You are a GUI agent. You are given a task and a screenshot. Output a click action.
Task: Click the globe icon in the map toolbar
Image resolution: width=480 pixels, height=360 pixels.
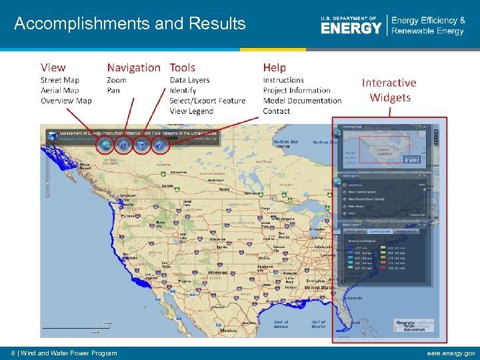click(105, 144)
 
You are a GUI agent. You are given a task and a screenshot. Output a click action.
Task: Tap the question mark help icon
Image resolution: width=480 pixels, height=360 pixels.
click(159, 144)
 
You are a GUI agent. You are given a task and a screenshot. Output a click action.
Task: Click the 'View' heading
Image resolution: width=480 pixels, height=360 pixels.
click(53, 67)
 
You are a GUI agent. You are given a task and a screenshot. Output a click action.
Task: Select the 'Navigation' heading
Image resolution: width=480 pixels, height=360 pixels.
click(133, 67)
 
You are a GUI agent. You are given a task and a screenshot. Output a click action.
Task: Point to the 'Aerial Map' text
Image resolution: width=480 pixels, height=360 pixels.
click(59, 91)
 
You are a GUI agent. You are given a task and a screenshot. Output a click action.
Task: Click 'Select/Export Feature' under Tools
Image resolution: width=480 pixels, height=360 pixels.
click(207, 101)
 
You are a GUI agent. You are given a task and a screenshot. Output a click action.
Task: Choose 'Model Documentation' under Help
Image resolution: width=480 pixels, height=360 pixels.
click(302, 101)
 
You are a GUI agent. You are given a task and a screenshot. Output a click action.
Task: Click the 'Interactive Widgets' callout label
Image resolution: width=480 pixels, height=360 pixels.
click(389, 90)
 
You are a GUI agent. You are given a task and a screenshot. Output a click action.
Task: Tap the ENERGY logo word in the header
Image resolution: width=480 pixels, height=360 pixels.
click(351, 28)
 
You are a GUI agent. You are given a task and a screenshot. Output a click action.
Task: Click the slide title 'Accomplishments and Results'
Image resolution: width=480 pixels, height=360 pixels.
click(130, 24)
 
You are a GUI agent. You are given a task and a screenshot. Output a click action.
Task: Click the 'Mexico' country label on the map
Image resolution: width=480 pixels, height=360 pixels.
click(228, 331)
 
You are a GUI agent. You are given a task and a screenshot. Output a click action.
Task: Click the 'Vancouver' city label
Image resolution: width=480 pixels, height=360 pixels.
click(128, 196)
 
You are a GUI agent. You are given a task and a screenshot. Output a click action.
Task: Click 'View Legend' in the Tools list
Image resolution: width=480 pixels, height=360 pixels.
click(191, 111)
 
